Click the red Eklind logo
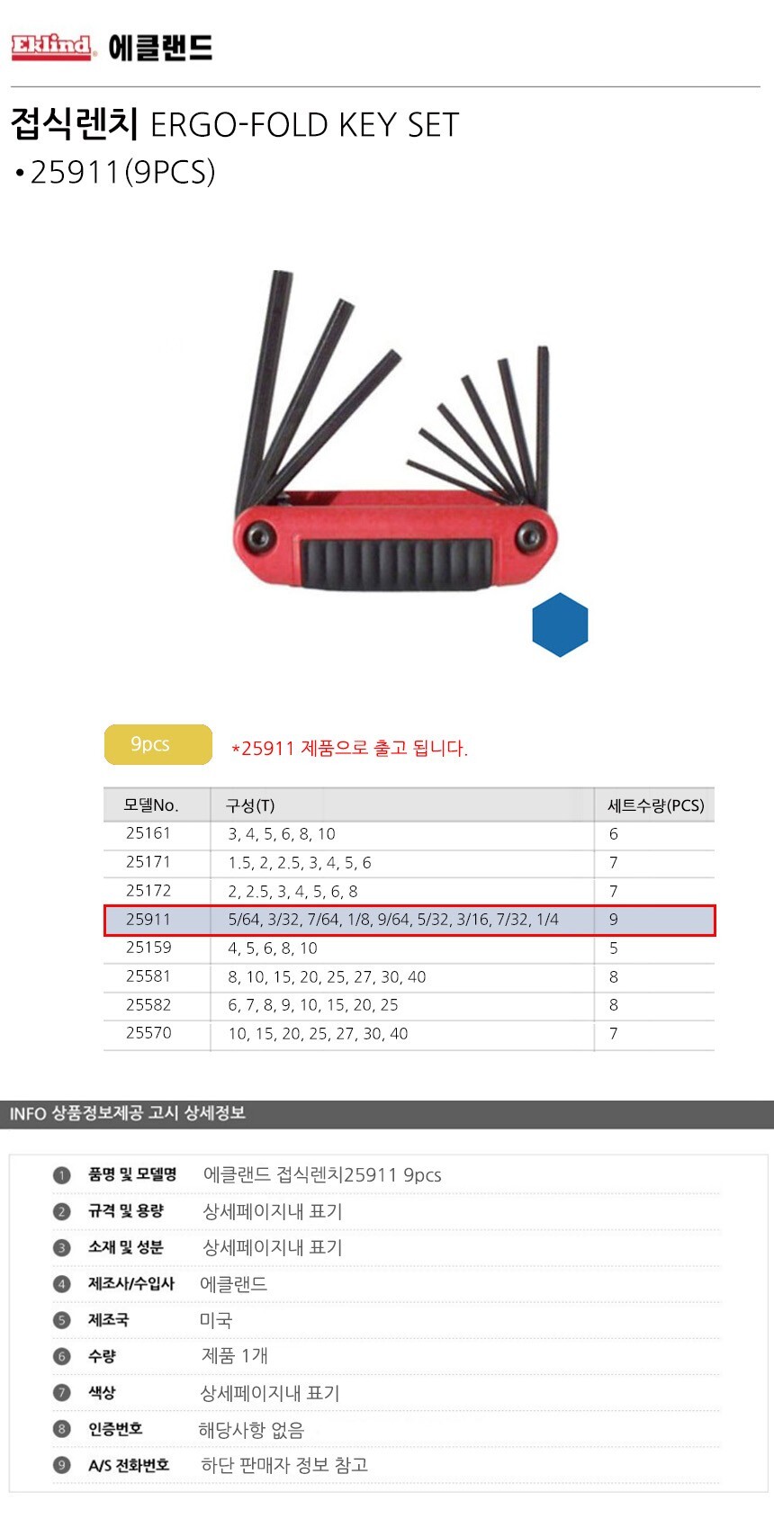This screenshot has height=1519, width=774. tap(52, 48)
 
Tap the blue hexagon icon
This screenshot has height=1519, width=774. tap(560, 625)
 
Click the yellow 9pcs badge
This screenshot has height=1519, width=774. tap(158, 744)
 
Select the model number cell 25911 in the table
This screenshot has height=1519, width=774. tap(148, 920)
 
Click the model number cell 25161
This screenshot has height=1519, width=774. tap(148, 833)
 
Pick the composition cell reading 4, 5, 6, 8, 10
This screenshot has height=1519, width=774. tap(273, 948)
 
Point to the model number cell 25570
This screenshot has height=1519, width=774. tap(148, 1033)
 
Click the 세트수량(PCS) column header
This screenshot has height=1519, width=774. tap(655, 805)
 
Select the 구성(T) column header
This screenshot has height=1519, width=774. tap(249, 805)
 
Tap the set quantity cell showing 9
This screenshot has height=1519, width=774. tap(613, 920)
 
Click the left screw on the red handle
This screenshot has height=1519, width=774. tap(258, 537)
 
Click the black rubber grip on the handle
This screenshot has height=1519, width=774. tap(395, 563)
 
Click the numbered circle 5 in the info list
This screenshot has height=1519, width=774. tap(62, 1319)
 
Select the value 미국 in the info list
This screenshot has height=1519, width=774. tap(216, 1319)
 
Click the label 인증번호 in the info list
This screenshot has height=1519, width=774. tap(115, 1429)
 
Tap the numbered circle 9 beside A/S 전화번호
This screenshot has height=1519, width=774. tap(62, 1465)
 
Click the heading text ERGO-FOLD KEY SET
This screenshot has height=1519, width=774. tap(304, 125)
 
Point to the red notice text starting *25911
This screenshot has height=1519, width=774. tap(349, 748)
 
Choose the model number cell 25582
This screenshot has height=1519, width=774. tap(148, 1004)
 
